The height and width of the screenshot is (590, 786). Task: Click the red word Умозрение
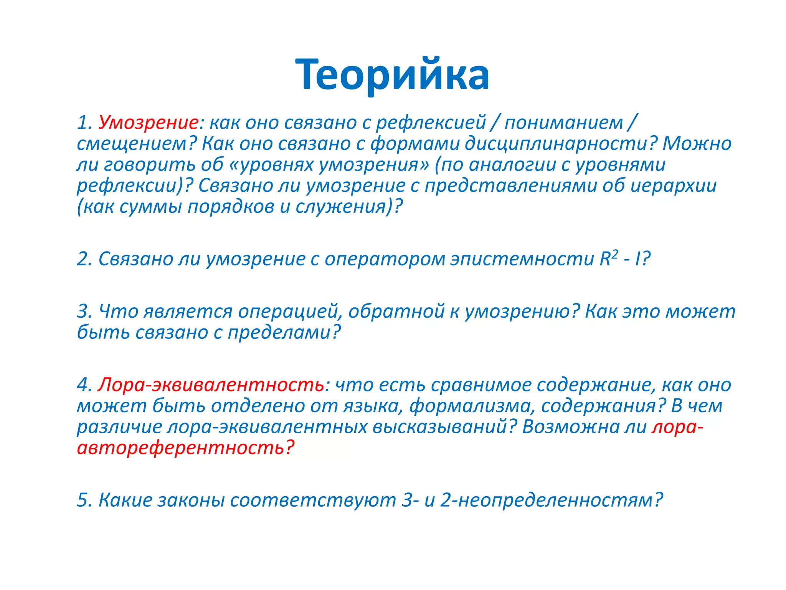pos(148,123)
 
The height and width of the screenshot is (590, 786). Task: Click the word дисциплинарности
pos(556,144)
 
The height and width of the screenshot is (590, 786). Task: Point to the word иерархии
pos(674,186)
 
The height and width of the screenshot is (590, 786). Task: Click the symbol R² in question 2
pos(609,258)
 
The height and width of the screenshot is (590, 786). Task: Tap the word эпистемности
pos(522,260)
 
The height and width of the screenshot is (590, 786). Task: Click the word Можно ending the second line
pos(697,144)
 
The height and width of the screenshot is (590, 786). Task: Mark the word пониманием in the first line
pos(563,123)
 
